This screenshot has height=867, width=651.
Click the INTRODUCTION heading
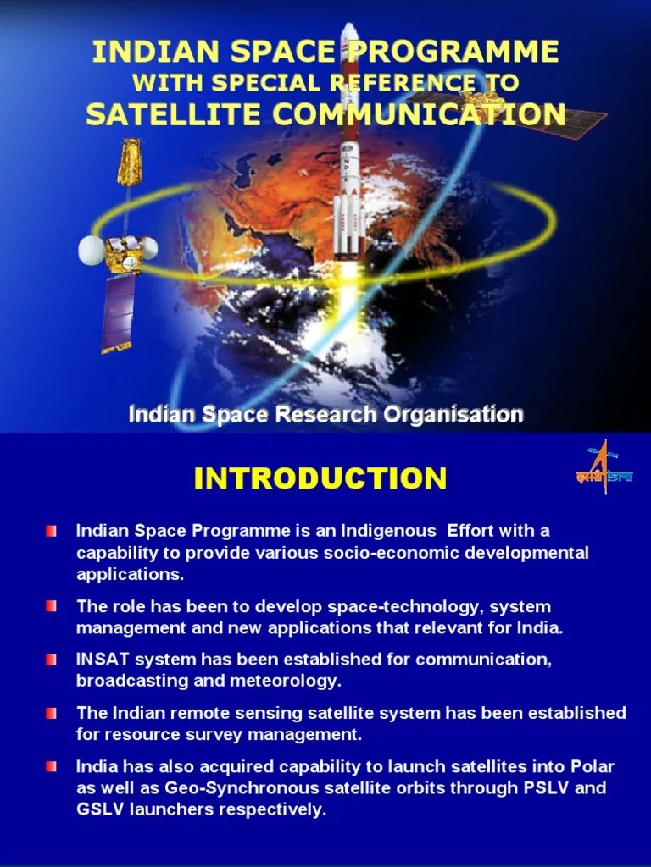coord(320,478)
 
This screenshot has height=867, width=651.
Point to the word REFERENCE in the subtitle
coord(388,83)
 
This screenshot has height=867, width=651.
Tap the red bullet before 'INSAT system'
coord(53,659)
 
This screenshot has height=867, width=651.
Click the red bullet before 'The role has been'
coord(53,606)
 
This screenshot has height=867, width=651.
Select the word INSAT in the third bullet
coord(98,659)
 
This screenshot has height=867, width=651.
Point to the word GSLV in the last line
coord(98,809)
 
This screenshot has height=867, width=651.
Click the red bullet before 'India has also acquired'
coord(53,766)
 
